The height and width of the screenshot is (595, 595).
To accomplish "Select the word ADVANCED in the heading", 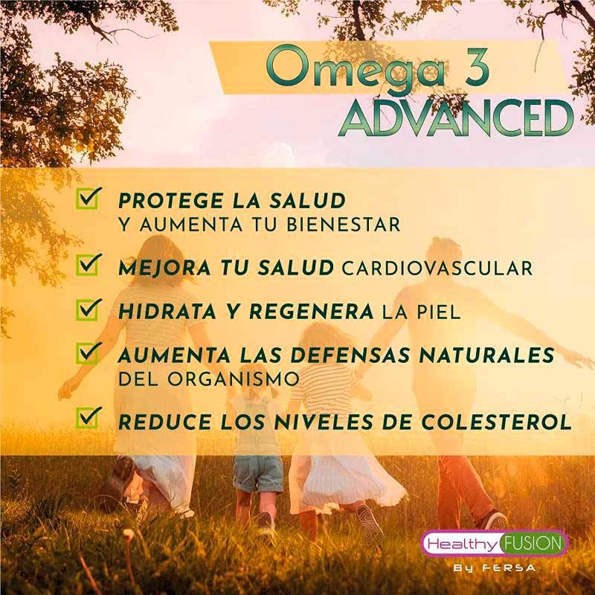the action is (x=456, y=118).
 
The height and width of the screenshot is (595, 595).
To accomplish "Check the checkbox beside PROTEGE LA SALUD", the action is (x=89, y=198).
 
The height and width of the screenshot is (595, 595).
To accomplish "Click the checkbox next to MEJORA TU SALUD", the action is (x=89, y=265).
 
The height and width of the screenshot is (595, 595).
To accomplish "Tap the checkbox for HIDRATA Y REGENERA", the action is (x=89, y=309).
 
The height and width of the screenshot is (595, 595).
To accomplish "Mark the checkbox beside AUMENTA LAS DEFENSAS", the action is (x=89, y=353).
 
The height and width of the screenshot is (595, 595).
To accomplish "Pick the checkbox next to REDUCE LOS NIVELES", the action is (x=89, y=417).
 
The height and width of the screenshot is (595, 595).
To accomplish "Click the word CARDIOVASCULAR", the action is (x=437, y=268).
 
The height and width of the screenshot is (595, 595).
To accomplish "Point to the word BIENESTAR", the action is (x=344, y=225).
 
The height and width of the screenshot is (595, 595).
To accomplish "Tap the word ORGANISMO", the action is (x=234, y=379).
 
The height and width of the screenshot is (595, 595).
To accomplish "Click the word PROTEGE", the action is (x=171, y=200).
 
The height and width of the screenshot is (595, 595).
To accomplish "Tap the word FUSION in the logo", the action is (x=533, y=544).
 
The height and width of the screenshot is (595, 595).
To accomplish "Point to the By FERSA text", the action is (x=495, y=568).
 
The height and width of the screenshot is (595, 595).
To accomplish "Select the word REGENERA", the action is (x=312, y=312).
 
